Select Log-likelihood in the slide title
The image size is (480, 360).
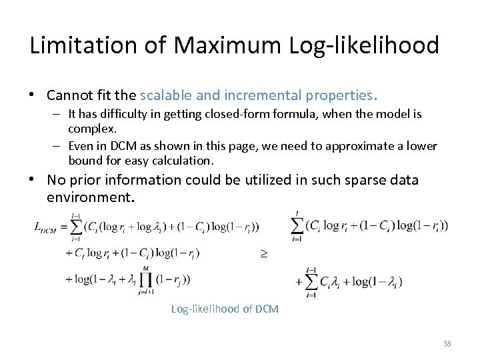tap(373, 46)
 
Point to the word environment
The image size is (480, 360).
tap(91, 198)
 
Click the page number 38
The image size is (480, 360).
tap(447, 344)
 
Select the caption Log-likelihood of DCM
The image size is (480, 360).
tap(225, 309)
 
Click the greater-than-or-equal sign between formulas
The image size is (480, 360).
tap(263, 253)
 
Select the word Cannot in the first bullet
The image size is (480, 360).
tap(69, 95)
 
